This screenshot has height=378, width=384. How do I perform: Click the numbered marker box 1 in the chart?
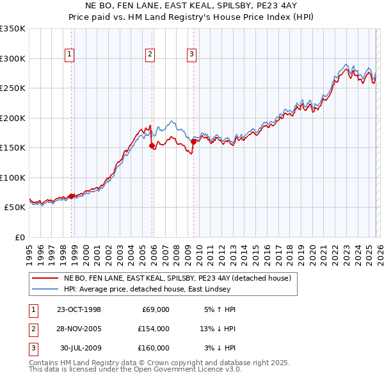pyautogui.click(x=69, y=54)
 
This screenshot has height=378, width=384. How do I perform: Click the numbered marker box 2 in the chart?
pyautogui.click(x=150, y=54)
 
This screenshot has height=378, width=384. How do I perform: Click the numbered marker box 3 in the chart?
pyautogui.click(x=191, y=54)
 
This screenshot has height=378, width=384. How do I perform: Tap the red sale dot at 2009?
pyautogui.click(x=193, y=142)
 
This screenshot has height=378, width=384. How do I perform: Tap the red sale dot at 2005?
pyautogui.click(x=152, y=146)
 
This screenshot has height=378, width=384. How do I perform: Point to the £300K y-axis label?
pyautogui.click(x=13, y=58)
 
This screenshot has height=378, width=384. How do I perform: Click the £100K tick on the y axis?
pyautogui.click(x=13, y=177)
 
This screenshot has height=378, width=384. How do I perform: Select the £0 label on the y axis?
pyautogui.click(x=19, y=237)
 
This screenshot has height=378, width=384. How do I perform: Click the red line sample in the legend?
pyautogui.click(x=45, y=278)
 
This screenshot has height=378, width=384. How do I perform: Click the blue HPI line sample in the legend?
pyautogui.click(x=45, y=288)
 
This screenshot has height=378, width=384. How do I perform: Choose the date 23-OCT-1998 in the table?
pyautogui.click(x=79, y=309)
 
